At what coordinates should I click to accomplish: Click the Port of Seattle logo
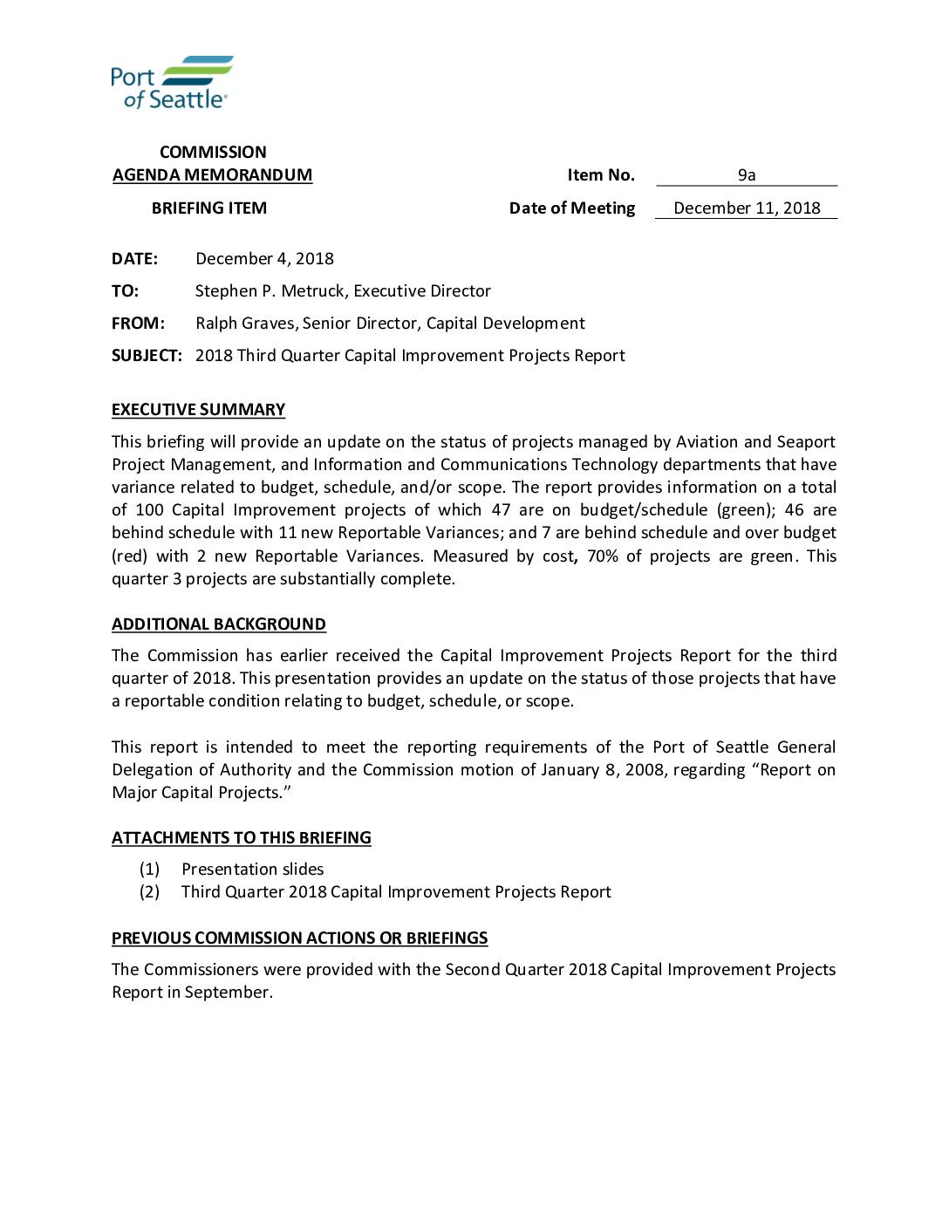click(x=172, y=82)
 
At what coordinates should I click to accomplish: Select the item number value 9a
click(x=746, y=175)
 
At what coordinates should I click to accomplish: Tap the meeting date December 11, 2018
click(x=747, y=208)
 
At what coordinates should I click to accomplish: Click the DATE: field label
click(x=134, y=259)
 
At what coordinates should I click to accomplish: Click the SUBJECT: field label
click(x=147, y=356)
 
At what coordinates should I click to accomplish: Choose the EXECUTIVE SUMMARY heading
click(x=198, y=410)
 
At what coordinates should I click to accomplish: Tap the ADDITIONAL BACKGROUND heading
click(x=218, y=624)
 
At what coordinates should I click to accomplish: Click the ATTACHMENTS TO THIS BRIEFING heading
click(x=241, y=838)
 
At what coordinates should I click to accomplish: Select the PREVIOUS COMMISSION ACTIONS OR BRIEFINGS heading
click(x=299, y=938)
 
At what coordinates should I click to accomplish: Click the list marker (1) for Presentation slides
click(x=149, y=870)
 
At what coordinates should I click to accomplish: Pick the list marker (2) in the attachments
click(x=149, y=892)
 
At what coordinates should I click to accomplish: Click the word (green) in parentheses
click(x=746, y=510)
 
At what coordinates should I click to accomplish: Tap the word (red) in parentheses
click(x=129, y=556)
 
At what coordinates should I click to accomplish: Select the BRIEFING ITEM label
click(x=209, y=208)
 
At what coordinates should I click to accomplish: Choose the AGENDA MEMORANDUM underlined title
click(x=212, y=175)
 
